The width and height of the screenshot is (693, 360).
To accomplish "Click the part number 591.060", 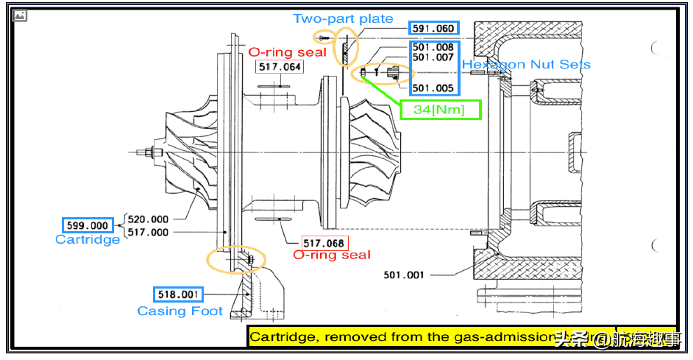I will click(434, 29).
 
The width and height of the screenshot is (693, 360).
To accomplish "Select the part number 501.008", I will click(433, 47).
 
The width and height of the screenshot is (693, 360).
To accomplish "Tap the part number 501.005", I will click(433, 88).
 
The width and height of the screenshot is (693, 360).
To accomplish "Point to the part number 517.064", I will click(280, 67).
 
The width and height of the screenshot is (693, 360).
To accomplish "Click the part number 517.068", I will click(324, 242).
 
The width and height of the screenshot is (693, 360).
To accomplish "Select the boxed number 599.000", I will click(88, 225).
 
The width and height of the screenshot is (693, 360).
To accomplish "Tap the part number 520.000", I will click(148, 219).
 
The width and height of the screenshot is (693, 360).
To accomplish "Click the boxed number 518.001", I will click(177, 294).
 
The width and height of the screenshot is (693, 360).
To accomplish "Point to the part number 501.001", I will click(404, 275).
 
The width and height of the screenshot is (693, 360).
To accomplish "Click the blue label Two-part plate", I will click(343, 18).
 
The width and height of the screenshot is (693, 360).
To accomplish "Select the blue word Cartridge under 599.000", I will click(88, 239).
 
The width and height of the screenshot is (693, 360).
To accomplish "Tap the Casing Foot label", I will click(180, 311).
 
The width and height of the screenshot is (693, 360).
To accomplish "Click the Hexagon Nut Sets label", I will click(526, 64).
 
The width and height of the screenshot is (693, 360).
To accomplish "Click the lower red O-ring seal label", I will click(332, 255).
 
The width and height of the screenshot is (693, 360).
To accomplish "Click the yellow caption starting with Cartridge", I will click(430, 337).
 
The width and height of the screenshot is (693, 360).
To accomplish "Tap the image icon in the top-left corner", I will click(20, 15).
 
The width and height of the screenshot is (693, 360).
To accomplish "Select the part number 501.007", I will click(433, 57).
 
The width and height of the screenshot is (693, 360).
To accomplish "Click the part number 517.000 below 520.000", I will click(148, 232).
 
